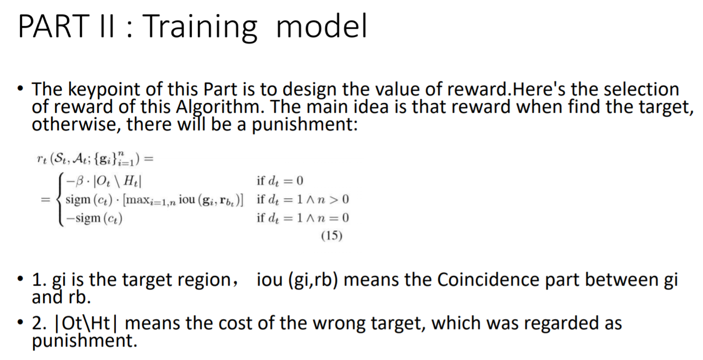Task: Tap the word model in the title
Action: pos(322,26)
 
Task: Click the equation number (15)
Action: pos(331,236)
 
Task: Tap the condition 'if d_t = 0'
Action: pos(280,181)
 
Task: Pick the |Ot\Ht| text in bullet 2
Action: pos(87,324)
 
